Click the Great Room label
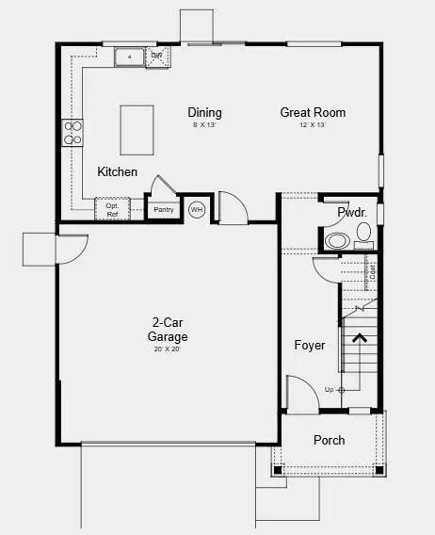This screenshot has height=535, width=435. [313, 113]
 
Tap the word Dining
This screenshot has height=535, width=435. [205, 113]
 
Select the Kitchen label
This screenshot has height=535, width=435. [118, 172]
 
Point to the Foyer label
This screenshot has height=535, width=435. [309, 346]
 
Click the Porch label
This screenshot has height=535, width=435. [329, 440]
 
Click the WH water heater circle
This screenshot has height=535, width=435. [197, 210]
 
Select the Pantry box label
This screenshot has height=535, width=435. [165, 210]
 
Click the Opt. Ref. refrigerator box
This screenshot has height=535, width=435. [112, 209]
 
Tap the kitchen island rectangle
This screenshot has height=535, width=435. [137, 130]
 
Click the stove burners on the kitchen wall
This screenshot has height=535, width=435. [72, 133]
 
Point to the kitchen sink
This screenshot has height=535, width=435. [129, 58]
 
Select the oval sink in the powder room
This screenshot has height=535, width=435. [335, 241]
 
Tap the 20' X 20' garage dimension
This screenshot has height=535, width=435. [167, 349]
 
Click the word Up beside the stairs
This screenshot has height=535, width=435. [329, 389]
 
